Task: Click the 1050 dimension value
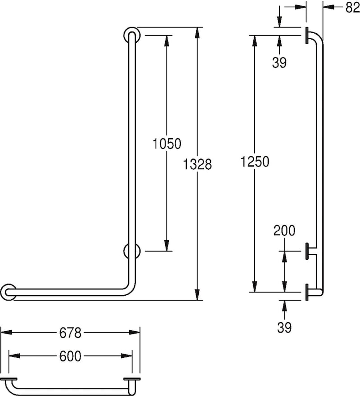tap(167, 144)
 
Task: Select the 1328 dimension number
tap(197, 164)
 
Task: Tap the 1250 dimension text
tap(255, 162)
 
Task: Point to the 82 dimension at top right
tap(352, 8)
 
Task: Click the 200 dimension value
tap(284, 230)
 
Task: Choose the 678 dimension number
tap(70, 333)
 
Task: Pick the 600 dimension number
tap(70, 356)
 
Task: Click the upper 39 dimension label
tap(279, 63)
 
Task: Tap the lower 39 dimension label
tap(284, 327)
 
